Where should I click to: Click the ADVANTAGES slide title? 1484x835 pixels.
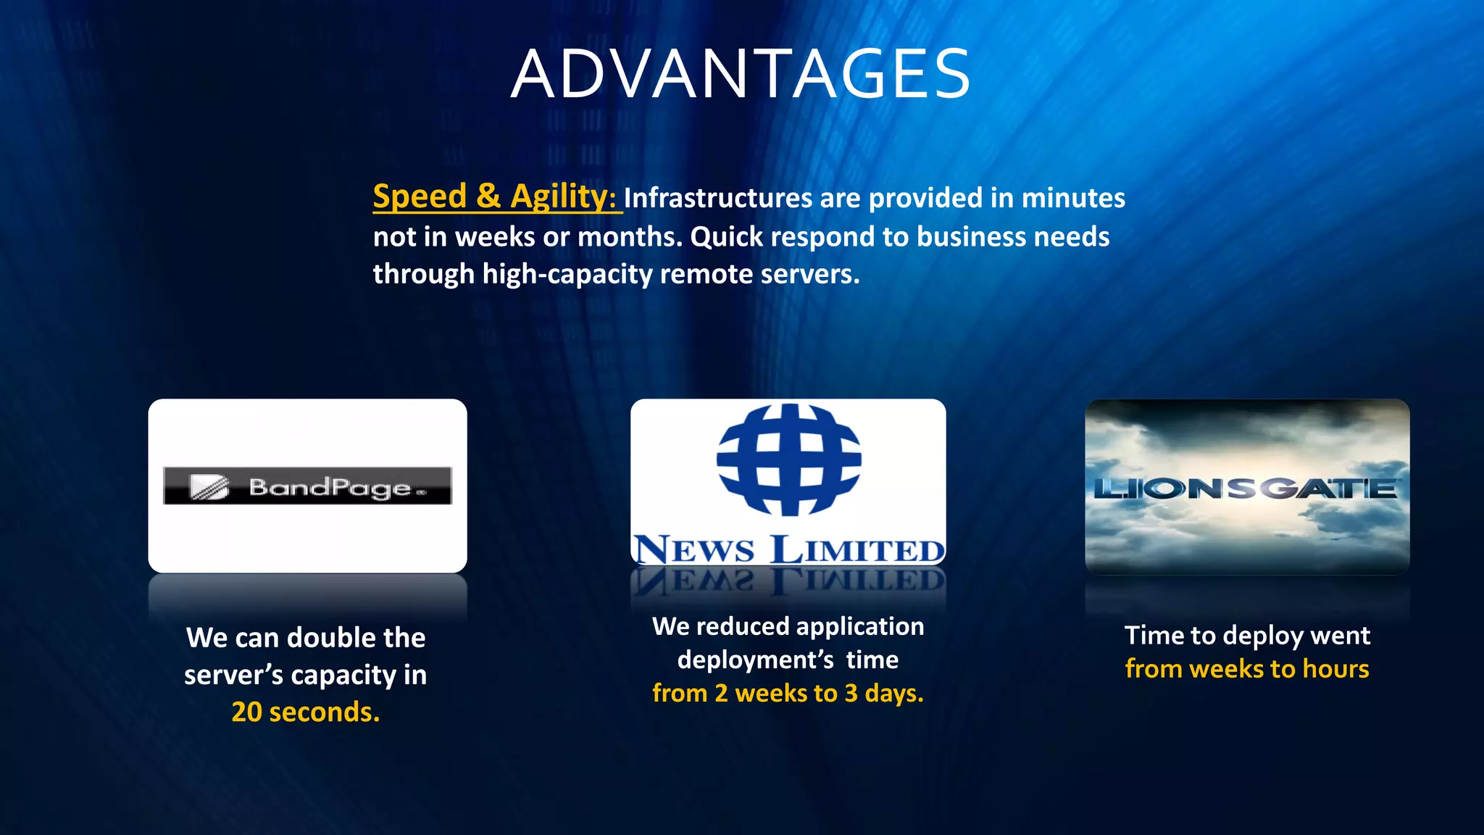tap(741, 74)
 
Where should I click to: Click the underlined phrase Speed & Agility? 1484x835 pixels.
tap(493, 196)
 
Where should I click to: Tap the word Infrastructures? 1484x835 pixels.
tap(717, 199)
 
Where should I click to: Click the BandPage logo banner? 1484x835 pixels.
tap(307, 486)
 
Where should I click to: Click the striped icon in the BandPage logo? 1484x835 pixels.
tap(209, 486)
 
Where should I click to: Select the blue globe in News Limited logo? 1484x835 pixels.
tap(788, 460)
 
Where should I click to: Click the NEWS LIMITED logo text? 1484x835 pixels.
tap(788, 549)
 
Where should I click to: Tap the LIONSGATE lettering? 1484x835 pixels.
tap(1246, 489)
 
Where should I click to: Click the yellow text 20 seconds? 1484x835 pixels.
tap(305, 712)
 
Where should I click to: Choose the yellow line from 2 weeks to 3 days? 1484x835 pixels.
tap(788, 693)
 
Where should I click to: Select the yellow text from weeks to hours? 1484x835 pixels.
tap(1247, 668)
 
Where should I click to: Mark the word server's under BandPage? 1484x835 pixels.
tap(233, 675)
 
